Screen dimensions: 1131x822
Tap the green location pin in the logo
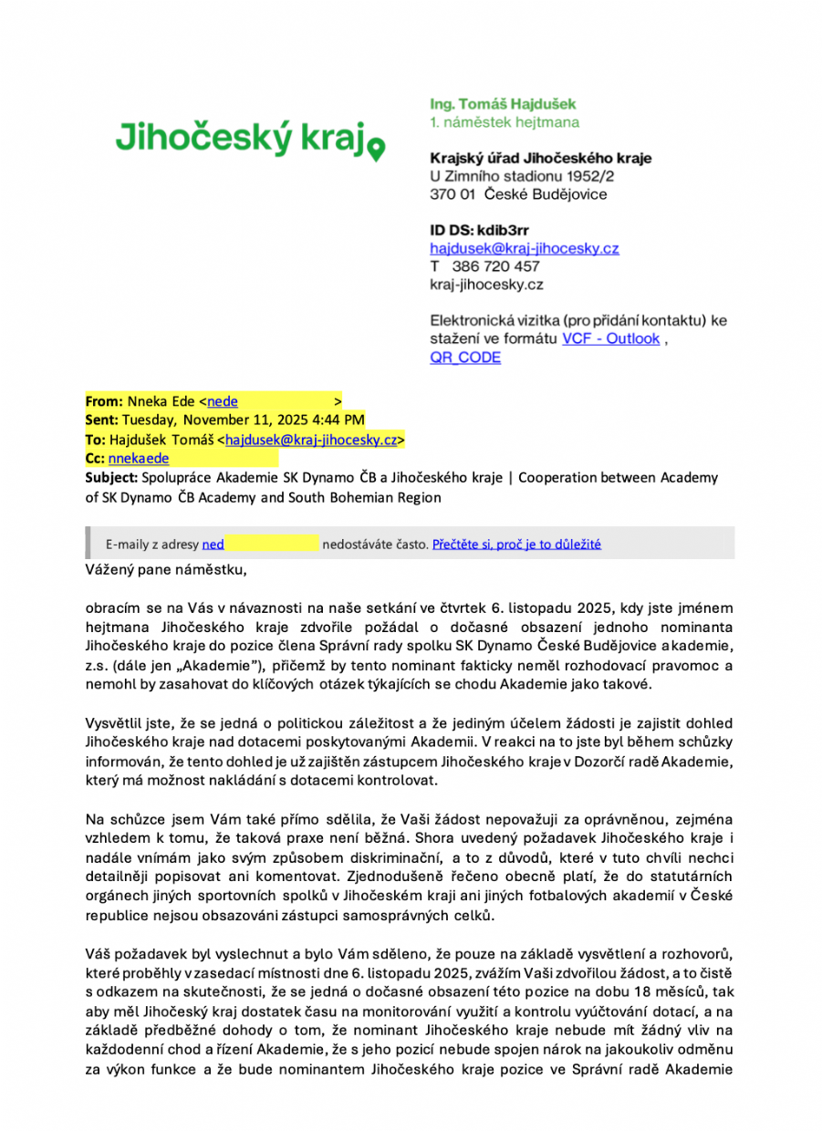point(376,148)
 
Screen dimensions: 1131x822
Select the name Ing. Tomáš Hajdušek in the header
point(503,105)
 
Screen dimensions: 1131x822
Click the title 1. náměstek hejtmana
point(504,122)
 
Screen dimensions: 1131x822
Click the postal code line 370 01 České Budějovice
point(518,194)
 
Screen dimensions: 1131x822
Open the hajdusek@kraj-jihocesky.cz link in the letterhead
point(525,248)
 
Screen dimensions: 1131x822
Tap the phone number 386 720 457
point(495,266)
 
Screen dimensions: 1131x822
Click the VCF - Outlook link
point(610,338)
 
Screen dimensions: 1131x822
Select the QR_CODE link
point(465,358)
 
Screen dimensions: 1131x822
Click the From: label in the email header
point(104,401)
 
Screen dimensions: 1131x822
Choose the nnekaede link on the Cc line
point(138,459)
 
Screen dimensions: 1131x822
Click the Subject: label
point(111,477)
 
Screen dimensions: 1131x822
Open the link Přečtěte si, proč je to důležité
point(516,545)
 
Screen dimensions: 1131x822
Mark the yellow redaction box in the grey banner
point(272,544)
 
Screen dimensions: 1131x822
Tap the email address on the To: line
point(311,440)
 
